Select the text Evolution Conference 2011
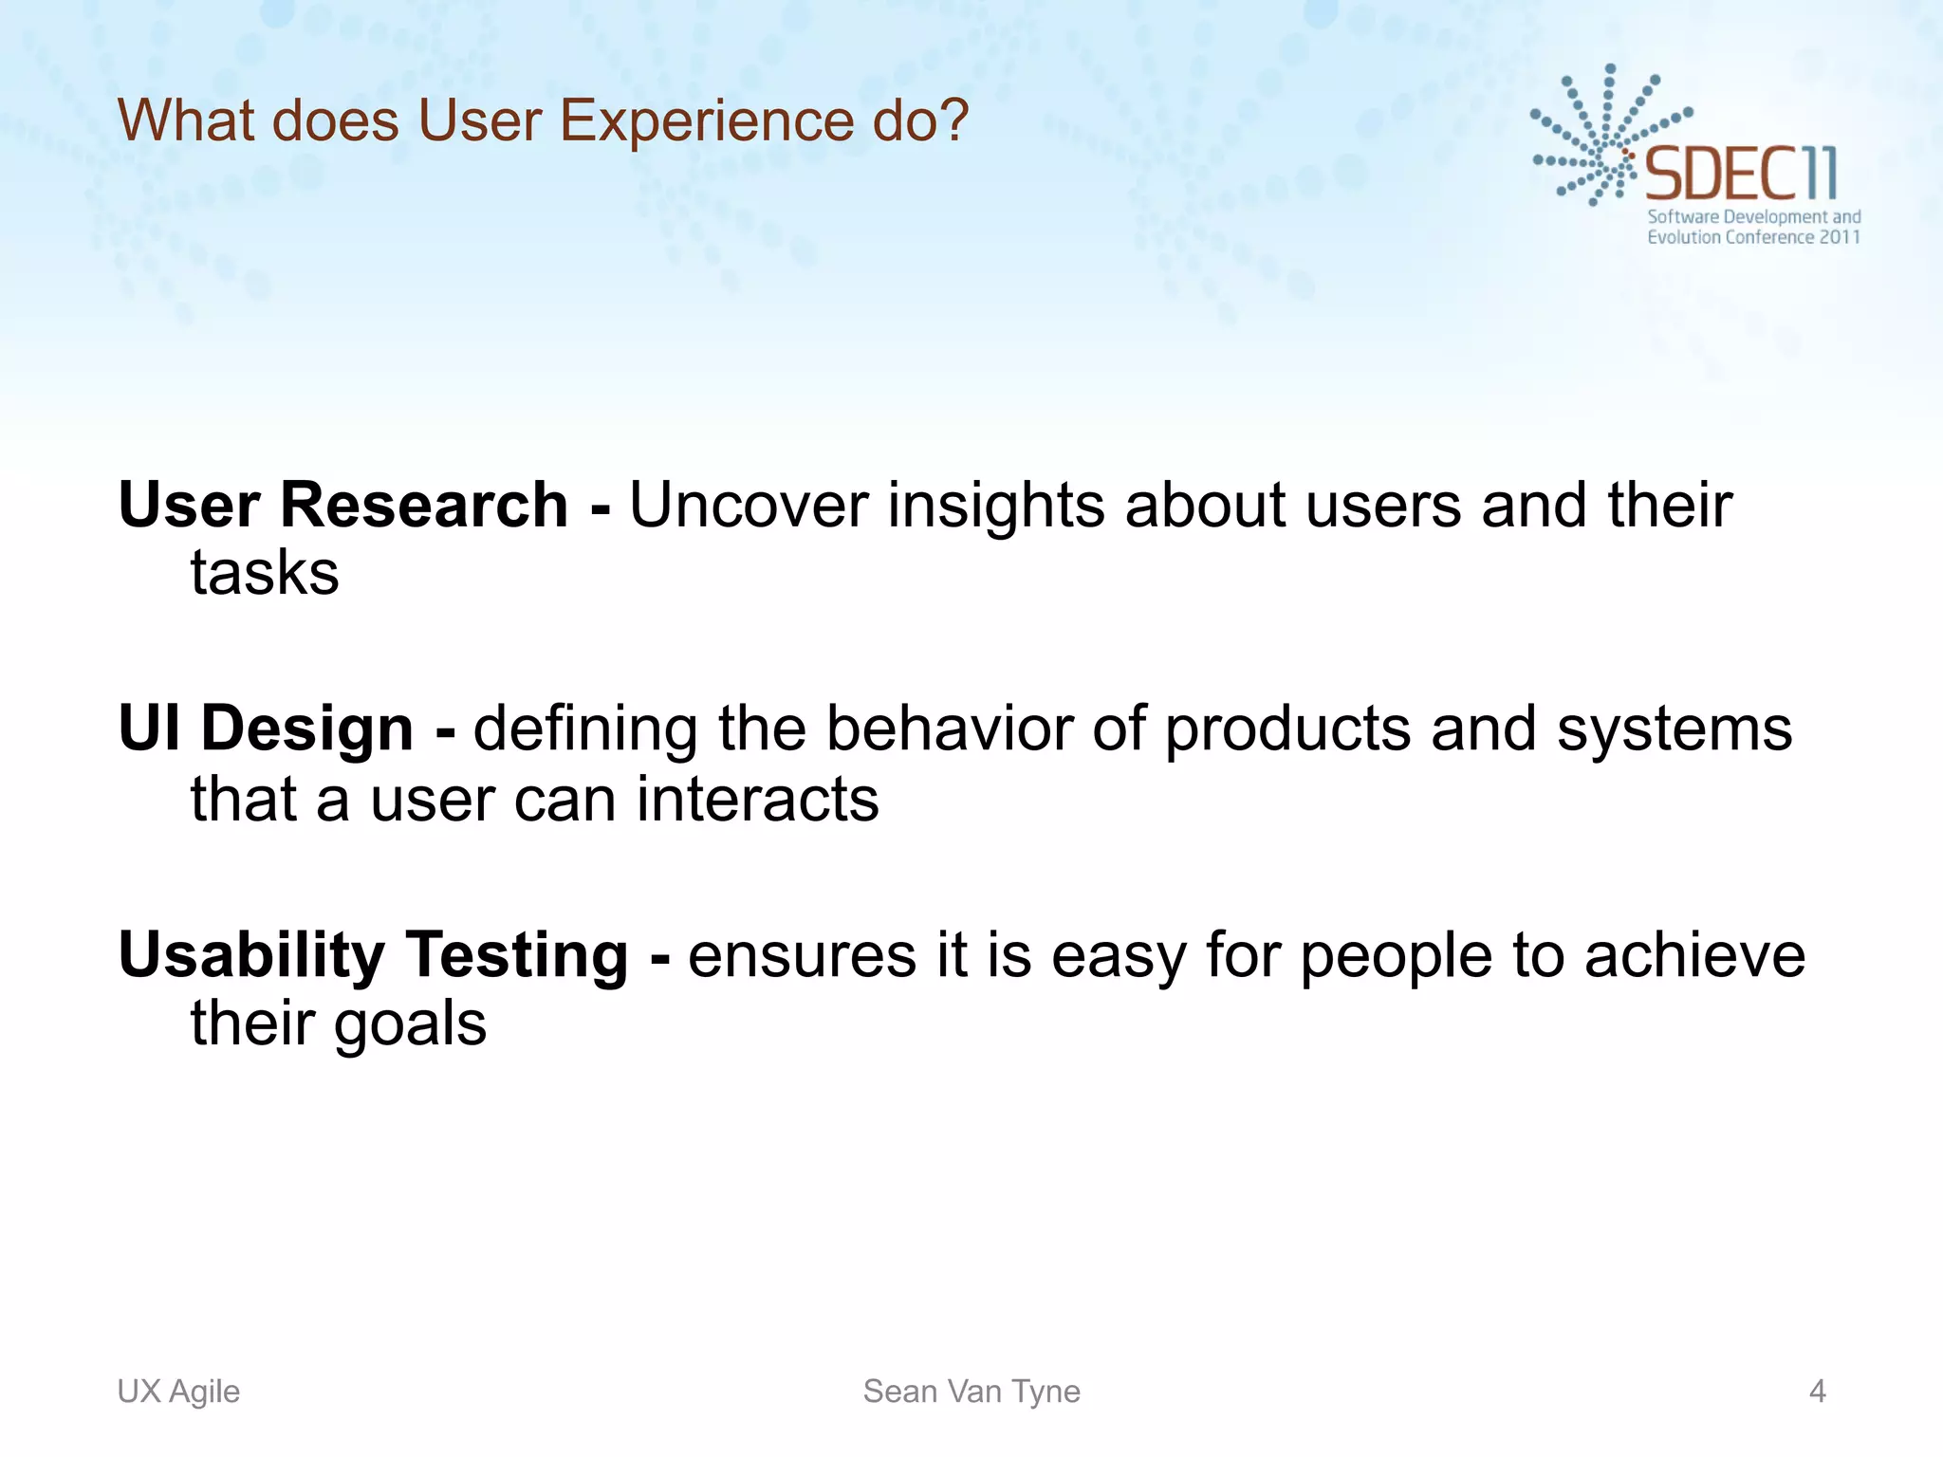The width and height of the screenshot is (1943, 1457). click(1753, 237)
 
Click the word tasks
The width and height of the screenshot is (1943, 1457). click(265, 573)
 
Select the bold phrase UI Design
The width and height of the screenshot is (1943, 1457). click(266, 728)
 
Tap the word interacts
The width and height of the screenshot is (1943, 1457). click(757, 799)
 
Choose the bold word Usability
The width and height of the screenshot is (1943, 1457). click(250, 954)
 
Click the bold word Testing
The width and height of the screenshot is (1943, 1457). click(516, 954)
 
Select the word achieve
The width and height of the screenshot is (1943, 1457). click(1694, 954)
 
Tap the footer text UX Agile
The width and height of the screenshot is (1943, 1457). click(178, 1391)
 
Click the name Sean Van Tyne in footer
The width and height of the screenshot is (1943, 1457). click(971, 1391)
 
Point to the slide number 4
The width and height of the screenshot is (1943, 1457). click(1817, 1391)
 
